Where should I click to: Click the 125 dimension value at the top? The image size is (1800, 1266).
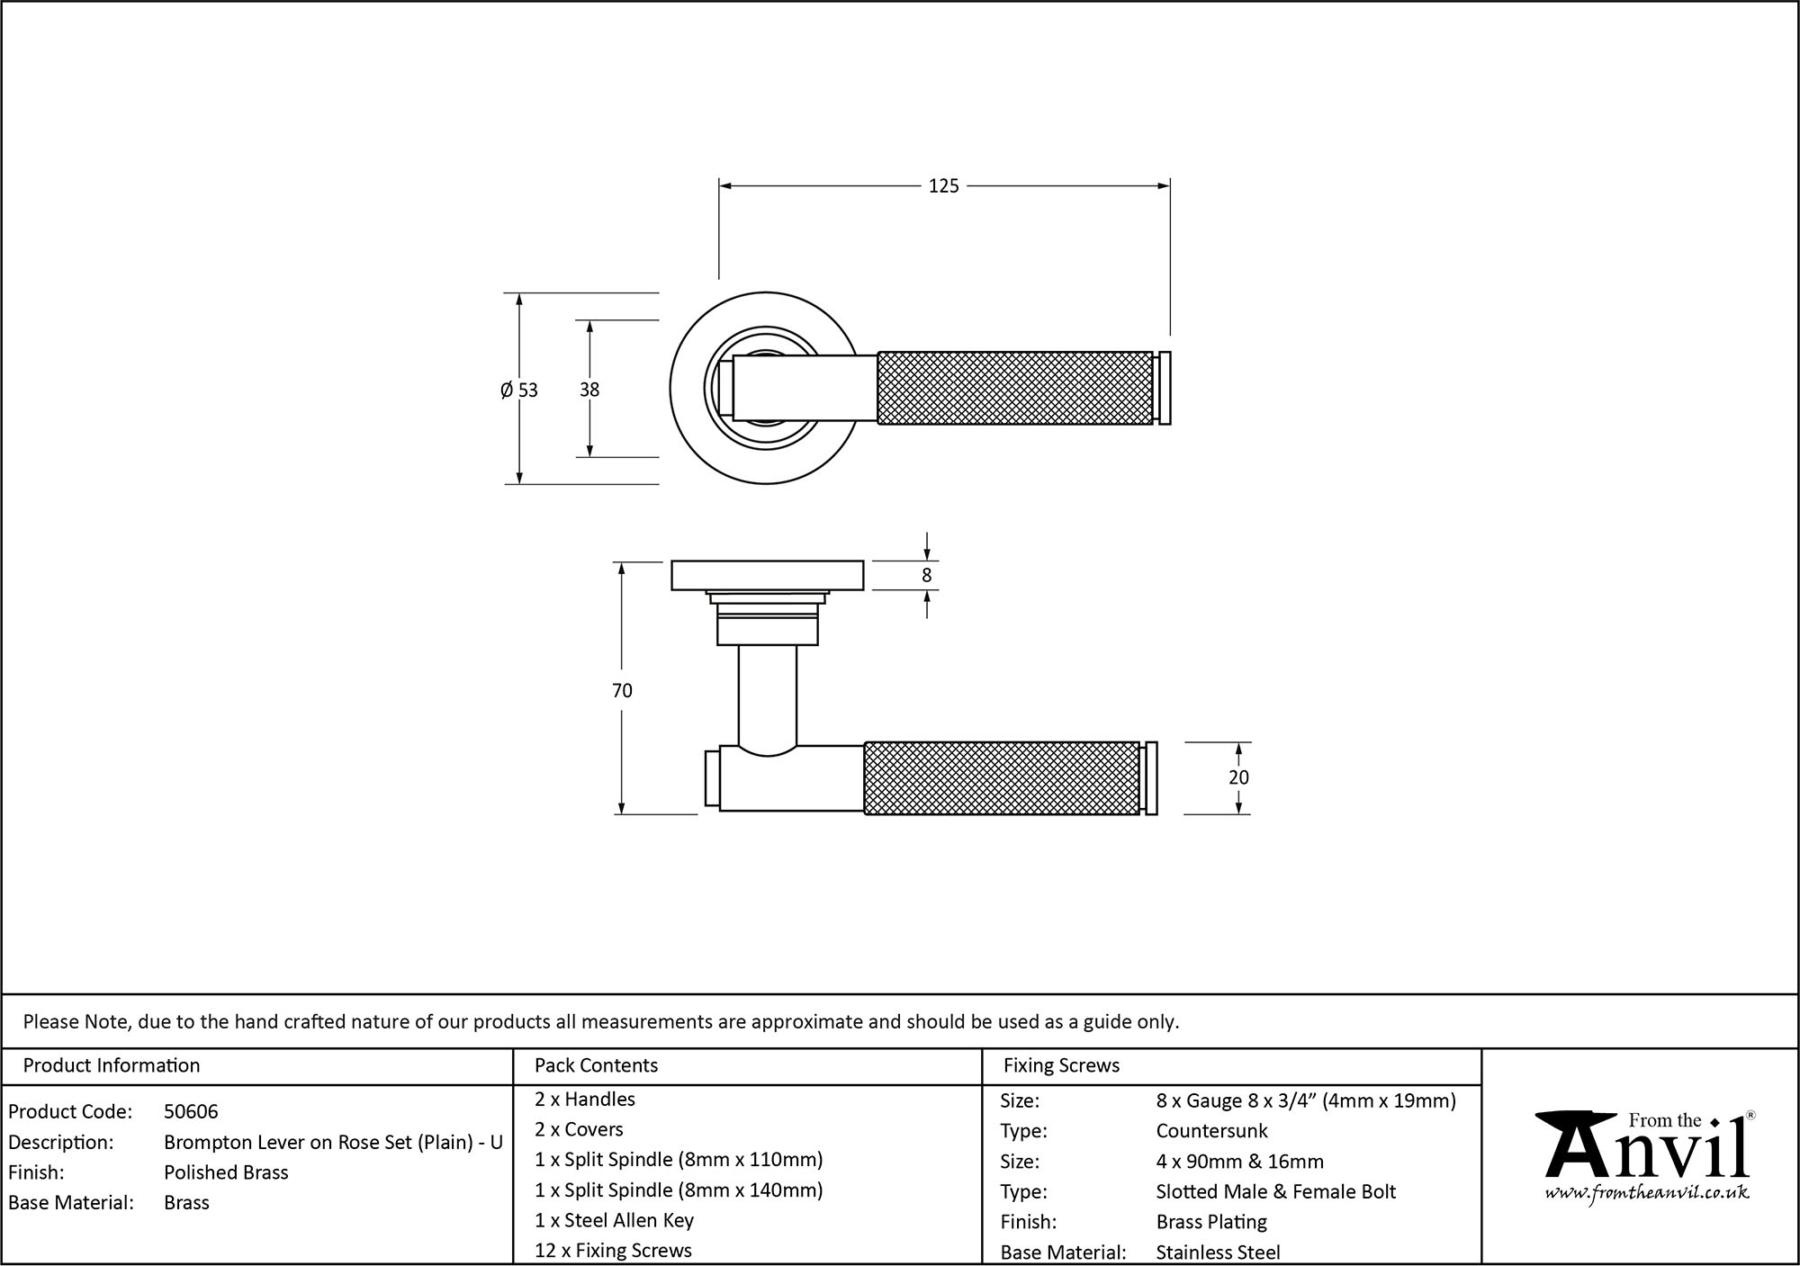click(943, 186)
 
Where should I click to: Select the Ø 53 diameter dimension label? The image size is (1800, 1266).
click(519, 390)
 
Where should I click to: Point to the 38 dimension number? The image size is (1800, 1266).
click(589, 390)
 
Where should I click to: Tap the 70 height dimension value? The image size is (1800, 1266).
click(622, 690)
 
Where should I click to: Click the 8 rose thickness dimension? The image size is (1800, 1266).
click(927, 576)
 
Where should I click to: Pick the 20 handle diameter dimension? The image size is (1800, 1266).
click(1238, 777)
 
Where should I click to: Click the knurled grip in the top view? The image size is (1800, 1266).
click(1014, 388)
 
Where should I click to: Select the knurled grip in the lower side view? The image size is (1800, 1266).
click(1002, 778)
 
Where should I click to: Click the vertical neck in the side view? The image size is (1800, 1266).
click(767, 697)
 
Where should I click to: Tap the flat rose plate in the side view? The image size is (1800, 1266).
click(767, 575)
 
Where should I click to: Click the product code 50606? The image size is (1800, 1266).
click(191, 1111)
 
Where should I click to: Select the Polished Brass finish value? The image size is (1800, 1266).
click(226, 1172)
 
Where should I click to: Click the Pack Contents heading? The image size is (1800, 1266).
click(596, 1065)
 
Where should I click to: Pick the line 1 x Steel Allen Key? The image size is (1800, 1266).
click(614, 1220)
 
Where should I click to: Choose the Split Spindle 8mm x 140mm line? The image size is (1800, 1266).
click(679, 1190)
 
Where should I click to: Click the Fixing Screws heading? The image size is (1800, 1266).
click(1061, 1065)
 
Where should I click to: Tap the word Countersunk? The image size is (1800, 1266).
click(1211, 1130)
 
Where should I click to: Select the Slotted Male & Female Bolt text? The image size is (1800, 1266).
click(1275, 1191)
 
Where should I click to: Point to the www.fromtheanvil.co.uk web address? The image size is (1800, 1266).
click(1646, 1193)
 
